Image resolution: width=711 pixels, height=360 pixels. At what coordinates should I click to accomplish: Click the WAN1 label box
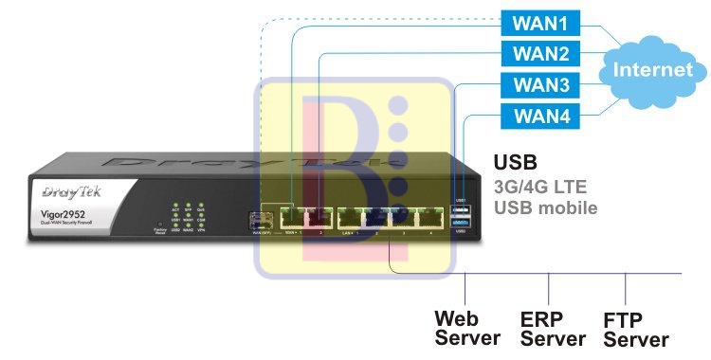coord(540,21)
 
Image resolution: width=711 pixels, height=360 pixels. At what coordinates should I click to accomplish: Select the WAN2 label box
coord(540,53)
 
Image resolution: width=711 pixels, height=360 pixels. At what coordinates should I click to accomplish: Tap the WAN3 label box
coord(540,84)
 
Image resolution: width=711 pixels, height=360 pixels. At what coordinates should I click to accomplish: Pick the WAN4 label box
coord(540,117)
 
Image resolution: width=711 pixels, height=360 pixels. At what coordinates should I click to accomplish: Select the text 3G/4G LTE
coord(543,187)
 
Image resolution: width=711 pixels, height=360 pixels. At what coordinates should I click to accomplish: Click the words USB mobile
coord(546,207)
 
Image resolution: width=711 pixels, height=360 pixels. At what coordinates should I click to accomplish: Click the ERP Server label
coord(553,327)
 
